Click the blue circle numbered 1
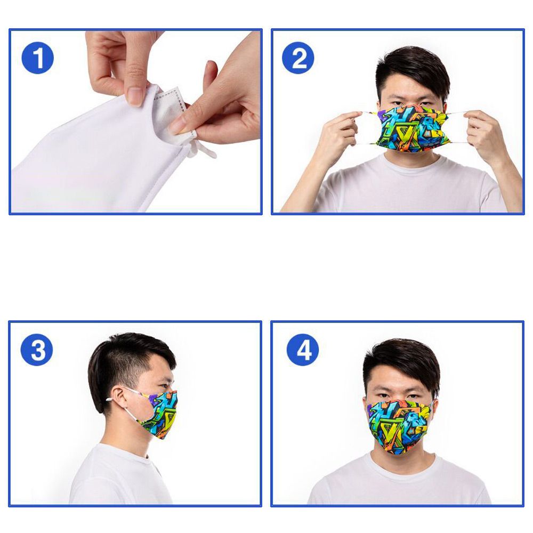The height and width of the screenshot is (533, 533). pyautogui.click(x=38, y=58)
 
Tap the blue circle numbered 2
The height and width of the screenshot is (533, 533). pyautogui.click(x=298, y=58)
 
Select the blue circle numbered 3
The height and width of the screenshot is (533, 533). pyautogui.click(x=37, y=350)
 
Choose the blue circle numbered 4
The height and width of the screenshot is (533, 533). pyautogui.click(x=303, y=350)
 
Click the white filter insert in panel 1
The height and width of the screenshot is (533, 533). pyautogui.click(x=173, y=115)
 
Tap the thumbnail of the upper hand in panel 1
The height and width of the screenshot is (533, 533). pyautogui.click(x=135, y=96)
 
